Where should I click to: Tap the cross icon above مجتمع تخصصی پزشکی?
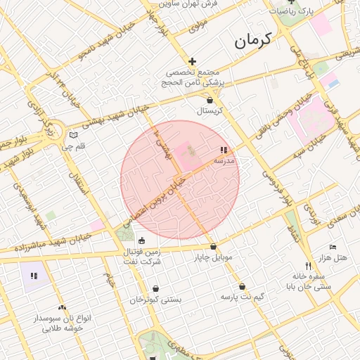coord(191,62)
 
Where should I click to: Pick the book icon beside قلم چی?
coord(74,134)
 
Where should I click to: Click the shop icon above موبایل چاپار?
coord(213,247)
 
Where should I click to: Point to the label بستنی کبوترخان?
coord(155,300)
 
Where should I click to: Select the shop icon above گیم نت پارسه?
coord(243,287)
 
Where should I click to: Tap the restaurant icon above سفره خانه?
coord(308,265)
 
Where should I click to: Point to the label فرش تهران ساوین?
coord(189,4)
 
